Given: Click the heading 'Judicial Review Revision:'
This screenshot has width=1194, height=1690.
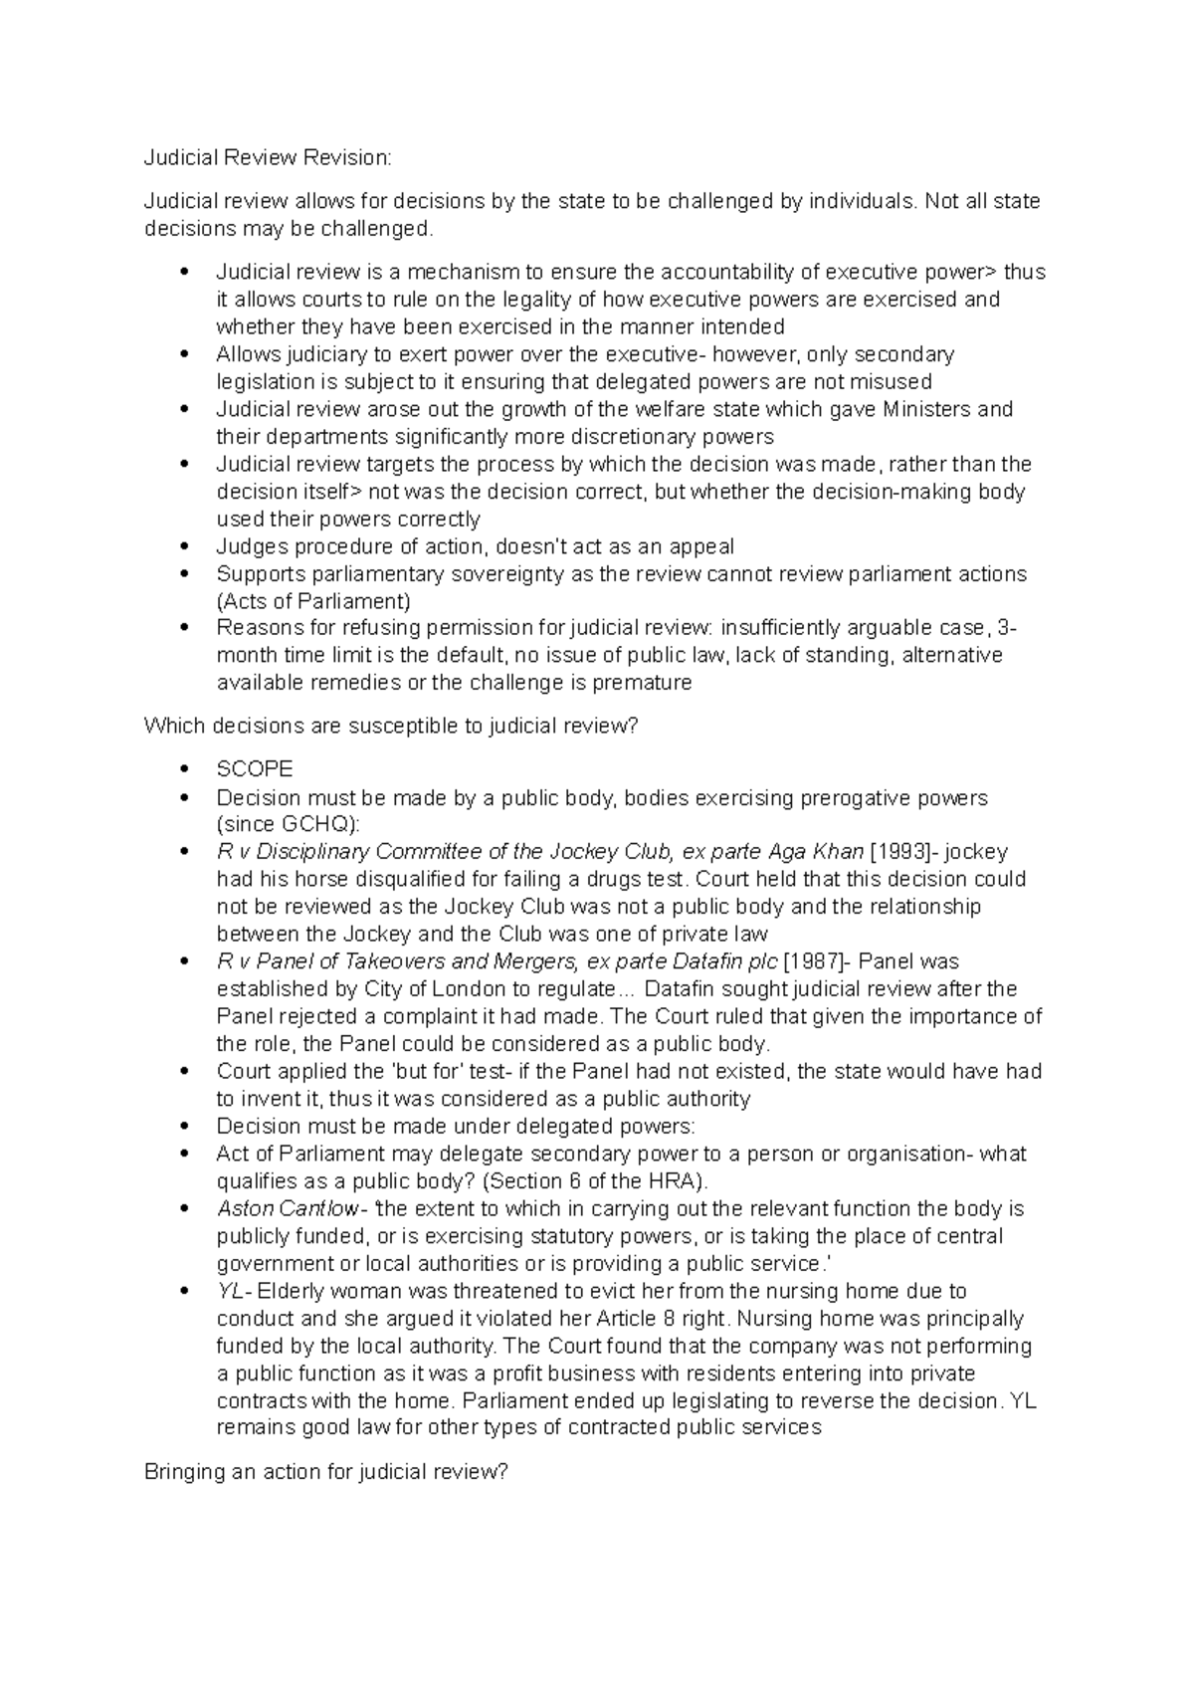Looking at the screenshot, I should (x=269, y=157).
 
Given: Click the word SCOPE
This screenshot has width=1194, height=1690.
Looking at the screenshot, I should (x=255, y=769).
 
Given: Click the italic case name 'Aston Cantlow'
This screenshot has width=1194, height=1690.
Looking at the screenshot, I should (x=288, y=1209).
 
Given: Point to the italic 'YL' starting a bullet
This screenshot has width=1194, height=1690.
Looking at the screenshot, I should (x=230, y=1292).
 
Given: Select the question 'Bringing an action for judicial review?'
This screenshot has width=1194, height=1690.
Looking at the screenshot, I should (x=326, y=1472).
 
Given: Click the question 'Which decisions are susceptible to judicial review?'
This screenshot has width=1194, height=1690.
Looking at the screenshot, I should (x=390, y=727).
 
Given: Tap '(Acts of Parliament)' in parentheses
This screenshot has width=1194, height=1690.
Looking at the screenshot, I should (x=313, y=601).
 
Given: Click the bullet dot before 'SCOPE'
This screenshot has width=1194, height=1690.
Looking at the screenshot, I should (x=183, y=769).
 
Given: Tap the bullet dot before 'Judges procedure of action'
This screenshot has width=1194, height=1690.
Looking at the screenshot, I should (x=183, y=546).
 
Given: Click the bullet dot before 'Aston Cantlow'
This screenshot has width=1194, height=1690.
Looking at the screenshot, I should (x=183, y=1209).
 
